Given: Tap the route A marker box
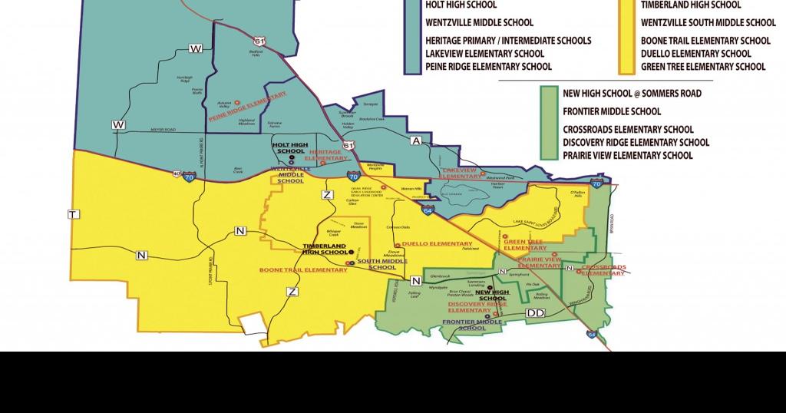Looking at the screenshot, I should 417,141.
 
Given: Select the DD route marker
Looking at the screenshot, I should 535,314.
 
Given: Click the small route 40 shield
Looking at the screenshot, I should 177,173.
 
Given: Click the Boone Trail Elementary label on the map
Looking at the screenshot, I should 303,270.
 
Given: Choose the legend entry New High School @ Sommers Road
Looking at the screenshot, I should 632,94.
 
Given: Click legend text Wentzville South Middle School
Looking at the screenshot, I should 708,23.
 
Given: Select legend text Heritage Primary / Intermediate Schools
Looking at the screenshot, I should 508,41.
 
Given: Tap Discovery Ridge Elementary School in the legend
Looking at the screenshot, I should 636,142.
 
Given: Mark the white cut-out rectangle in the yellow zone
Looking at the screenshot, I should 254,325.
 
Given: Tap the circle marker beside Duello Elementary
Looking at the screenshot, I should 396,244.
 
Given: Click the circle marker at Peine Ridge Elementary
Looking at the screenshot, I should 237,101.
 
